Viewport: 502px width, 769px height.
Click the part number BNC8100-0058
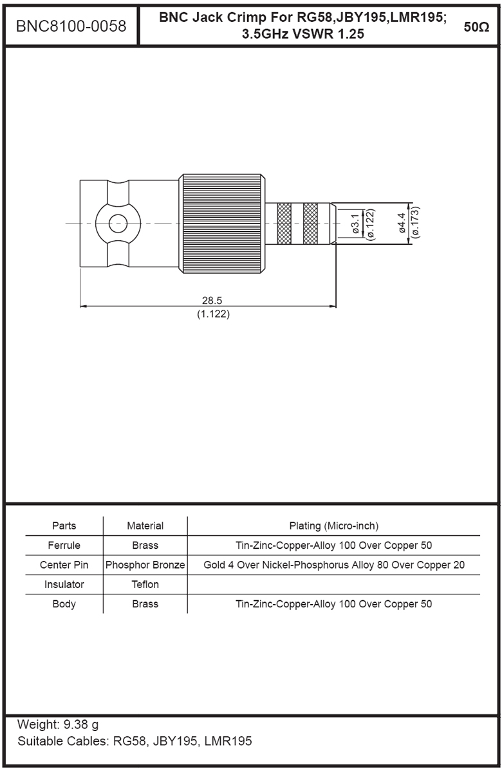coord(71,26)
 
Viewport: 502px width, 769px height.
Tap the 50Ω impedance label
coord(476,27)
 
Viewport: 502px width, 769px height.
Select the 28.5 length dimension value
coord(212,300)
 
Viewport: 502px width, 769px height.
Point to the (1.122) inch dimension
coord(213,314)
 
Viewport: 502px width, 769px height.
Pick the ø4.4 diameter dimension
coord(401,223)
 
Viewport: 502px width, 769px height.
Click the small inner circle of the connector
coord(118,223)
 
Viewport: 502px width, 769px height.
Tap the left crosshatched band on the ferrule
coord(284,223)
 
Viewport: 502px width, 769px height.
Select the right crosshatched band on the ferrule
coord(310,223)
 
